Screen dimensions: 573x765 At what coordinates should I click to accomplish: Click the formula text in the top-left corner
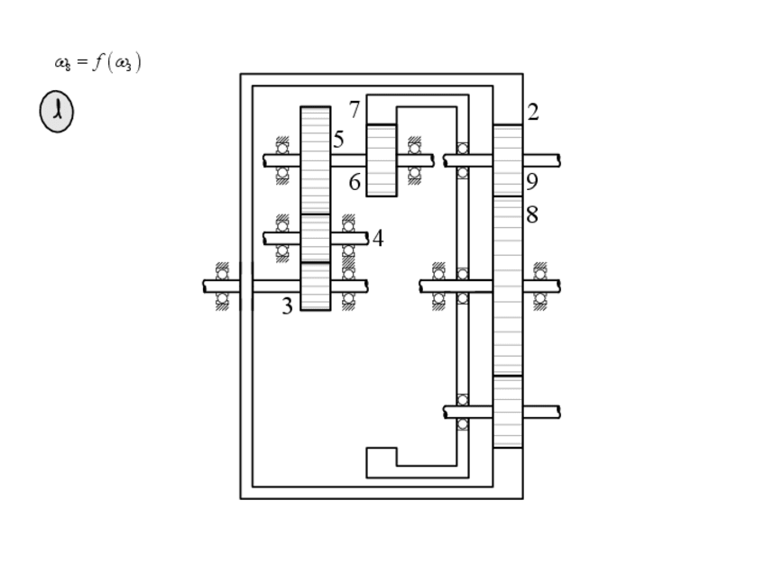(97, 63)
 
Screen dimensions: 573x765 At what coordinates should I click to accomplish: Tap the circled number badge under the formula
(56, 113)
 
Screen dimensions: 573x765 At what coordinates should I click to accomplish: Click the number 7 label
(355, 110)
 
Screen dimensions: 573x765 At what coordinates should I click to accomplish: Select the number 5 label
(338, 140)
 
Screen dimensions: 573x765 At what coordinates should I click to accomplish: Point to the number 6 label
(355, 182)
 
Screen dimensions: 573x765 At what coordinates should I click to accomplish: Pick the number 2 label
(533, 113)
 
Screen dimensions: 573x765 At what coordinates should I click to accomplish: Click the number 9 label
(532, 182)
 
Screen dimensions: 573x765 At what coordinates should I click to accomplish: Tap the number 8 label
(532, 214)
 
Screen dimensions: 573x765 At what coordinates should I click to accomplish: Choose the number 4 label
(378, 239)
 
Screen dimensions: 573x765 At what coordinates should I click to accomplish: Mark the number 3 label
(287, 306)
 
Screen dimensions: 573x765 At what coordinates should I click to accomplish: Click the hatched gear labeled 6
(382, 159)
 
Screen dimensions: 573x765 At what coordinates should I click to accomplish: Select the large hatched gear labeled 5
(315, 159)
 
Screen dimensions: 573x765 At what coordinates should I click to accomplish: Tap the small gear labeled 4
(315, 238)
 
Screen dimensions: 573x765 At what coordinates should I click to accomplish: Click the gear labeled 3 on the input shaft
(315, 286)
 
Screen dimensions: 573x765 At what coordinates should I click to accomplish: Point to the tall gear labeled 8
(508, 286)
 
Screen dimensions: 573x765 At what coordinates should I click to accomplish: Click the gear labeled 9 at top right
(508, 159)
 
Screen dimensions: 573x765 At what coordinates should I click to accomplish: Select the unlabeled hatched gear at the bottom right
(508, 412)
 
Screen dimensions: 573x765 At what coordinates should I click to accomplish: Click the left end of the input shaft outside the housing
(209, 286)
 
